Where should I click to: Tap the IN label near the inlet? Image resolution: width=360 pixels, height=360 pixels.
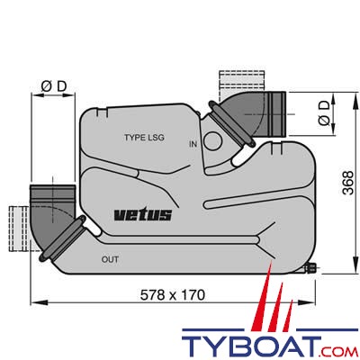(x=193, y=144)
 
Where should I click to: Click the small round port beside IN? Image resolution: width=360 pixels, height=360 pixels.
(x=212, y=140)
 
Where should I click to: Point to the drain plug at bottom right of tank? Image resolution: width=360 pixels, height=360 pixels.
(x=310, y=267)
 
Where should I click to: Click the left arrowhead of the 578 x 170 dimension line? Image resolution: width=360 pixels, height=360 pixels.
(x=35, y=301)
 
